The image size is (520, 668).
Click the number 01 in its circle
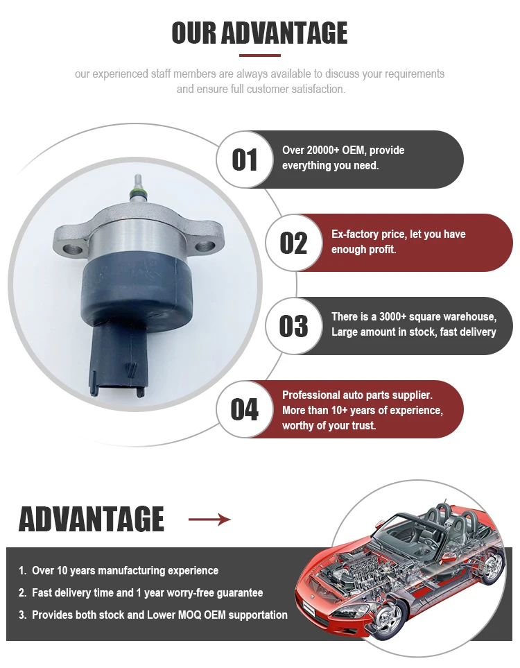(x=244, y=160)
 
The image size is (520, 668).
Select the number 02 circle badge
(x=293, y=243)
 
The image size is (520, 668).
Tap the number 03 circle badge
(x=293, y=326)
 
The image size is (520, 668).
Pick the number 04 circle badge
(x=244, y=409)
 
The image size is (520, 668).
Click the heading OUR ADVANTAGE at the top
(x=259, y=33)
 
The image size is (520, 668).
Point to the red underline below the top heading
(x=259, y=55)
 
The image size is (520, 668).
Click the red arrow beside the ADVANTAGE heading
(x=209, y=520)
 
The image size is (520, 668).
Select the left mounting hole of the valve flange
(x=68, y=244)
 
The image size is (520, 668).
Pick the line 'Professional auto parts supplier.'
(x=357, y=395)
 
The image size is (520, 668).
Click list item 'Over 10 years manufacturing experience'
(x=125, y=571)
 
